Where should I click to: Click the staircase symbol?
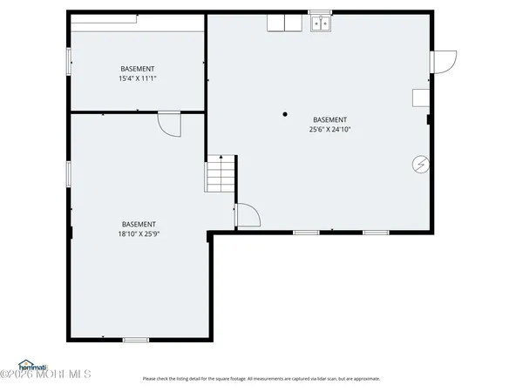pos(221,173)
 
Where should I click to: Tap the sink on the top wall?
pos(319,24)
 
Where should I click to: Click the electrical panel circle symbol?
pos(420,163)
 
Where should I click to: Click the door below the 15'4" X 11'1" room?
pos(168,125)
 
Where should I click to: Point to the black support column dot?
pos(284,113)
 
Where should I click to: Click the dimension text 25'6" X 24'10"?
pos(329,130)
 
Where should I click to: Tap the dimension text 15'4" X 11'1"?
pos(137,78)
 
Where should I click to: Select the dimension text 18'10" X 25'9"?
pos(139,233)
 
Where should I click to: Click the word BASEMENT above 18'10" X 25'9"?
pos(139,223)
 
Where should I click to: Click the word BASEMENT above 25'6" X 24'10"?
pos(329,119)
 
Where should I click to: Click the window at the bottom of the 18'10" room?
pos(135,339)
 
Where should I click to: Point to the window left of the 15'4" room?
pos(69,61)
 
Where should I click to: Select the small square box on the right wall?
pos(421,97)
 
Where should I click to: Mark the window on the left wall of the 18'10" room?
pos(69,172)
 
